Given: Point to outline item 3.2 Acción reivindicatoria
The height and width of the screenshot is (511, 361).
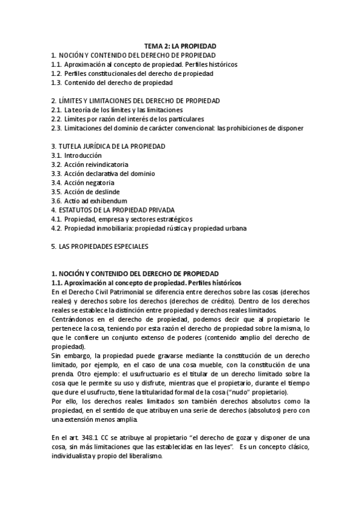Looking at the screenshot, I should click(89, 165).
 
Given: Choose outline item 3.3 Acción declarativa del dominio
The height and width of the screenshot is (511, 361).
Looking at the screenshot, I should click(102, 174).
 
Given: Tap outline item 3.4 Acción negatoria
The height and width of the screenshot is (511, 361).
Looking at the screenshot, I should click(83, 183).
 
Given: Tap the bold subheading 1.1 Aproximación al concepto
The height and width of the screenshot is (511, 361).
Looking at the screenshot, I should click(146, 283).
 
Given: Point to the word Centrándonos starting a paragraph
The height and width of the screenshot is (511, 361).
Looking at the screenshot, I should click(74, 319).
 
